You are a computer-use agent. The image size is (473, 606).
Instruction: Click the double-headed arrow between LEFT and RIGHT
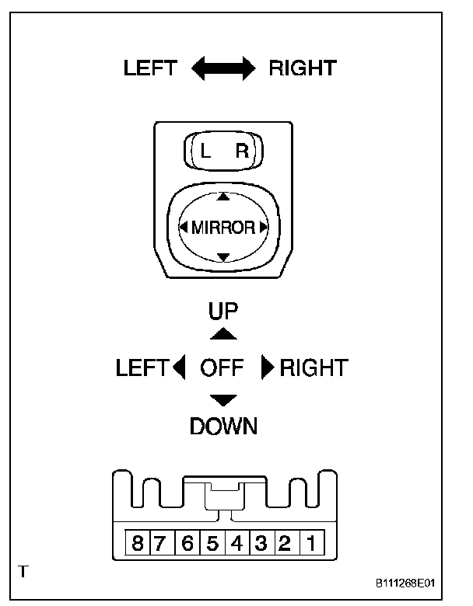(223, 69)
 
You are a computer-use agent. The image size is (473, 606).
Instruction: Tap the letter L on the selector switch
(205, 152)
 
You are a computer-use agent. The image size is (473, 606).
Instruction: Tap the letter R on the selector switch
(242, 152)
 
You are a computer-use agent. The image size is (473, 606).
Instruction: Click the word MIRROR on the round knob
(222, 228)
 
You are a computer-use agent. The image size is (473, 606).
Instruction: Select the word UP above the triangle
(223, 312)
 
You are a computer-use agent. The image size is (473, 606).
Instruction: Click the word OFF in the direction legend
(222, 367)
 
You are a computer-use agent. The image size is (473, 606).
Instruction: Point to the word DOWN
(223, 426)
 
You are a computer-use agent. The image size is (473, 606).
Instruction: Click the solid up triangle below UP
(224, 333)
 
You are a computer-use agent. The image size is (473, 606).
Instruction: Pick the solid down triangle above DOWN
(224, 399)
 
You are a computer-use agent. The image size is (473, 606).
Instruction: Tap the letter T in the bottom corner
(23, 572)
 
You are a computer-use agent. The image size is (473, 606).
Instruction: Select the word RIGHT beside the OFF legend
(314, 367)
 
